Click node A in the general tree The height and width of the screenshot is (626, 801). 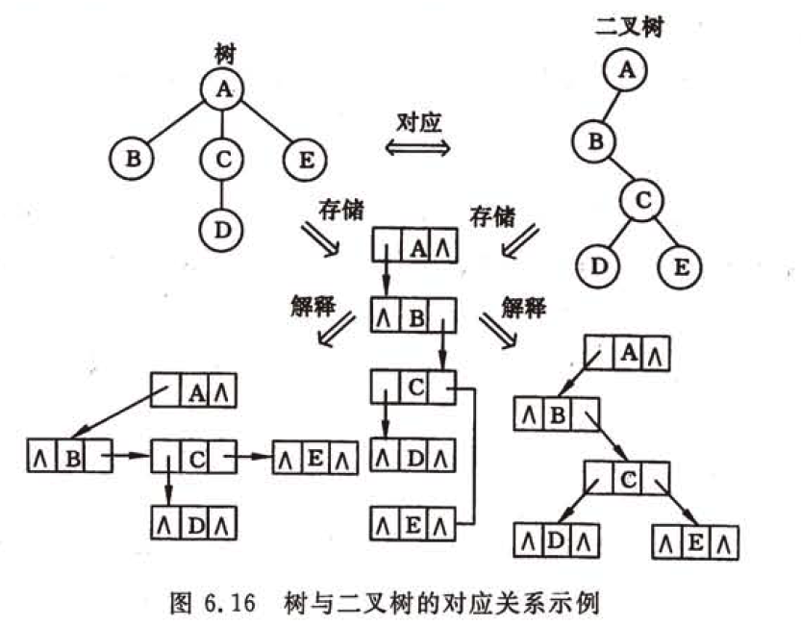tap(222, 88)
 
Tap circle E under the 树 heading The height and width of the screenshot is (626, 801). tap(305, 158)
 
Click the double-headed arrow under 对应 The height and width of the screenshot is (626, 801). tap(416, 147)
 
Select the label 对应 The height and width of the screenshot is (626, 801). tap(417, 122)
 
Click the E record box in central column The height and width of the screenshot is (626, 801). tap(413, 525)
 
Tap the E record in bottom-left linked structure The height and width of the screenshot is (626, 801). tap(313, 458)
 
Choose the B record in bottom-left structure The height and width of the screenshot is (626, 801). tap(70, 458)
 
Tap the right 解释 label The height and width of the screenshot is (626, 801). tap(524, 308)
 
